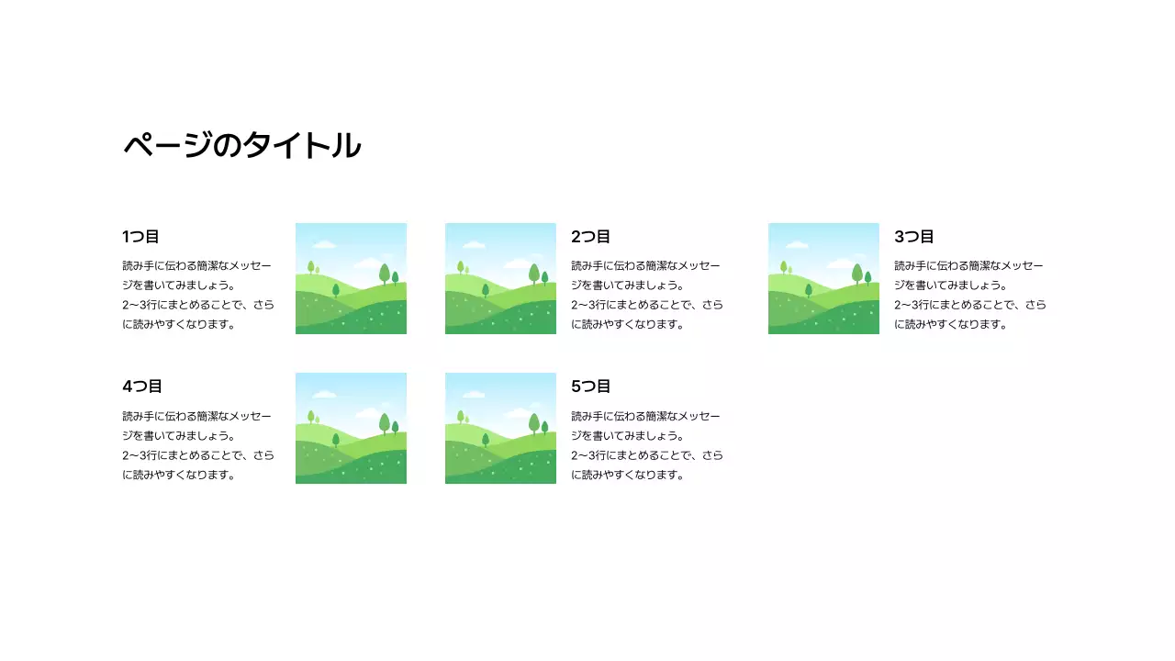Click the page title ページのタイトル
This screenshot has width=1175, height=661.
[x=242, y=146]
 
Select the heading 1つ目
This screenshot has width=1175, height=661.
[x=140, y=237]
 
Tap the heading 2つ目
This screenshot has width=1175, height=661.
[x=590, y=237]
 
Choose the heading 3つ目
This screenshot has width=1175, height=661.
[x=913, y=237]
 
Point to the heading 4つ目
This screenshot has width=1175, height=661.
[x=141, y=387]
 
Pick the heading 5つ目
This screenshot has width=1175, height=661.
[x=590, y=387]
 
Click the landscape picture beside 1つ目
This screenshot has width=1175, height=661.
[x=351, y=278]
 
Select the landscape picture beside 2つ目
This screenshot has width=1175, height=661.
[x=500, y=278]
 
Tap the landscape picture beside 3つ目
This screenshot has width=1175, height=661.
[x=823, y=278]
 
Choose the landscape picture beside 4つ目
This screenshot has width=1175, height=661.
[x=351, y=428]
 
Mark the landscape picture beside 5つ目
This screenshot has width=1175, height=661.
[x=500, y=428]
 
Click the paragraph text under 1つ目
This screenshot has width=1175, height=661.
[x=198, y=295]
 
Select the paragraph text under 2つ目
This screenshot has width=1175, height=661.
[x=647, y=295]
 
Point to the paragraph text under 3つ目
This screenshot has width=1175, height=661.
[x=970, y=295]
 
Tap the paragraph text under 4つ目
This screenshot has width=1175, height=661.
[x=198, y=445]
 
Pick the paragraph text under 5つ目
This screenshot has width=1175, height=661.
[x=647, y=445]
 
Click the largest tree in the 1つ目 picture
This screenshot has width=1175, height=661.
[x=385, y=273]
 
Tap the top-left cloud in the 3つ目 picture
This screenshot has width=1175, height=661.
[x=797, y=244]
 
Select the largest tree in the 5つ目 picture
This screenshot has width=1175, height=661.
[x=534, y=422]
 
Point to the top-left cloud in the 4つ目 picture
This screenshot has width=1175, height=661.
[x=324, y=394]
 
